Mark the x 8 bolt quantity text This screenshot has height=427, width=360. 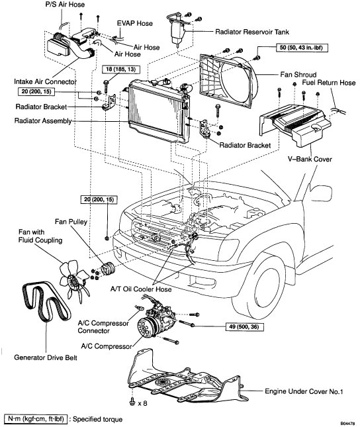click(x=143, y=403)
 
